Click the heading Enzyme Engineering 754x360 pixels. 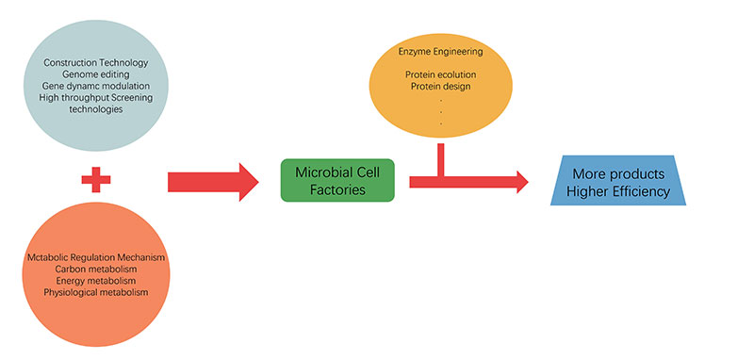[442, 51]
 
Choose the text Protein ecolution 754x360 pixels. [442, 74]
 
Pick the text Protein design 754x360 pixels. [442, 87]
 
